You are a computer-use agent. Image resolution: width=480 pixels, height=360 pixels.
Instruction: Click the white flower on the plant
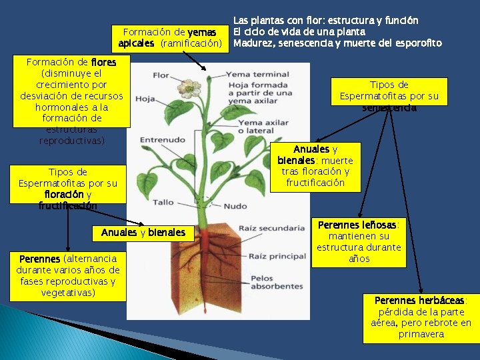pos(189,87)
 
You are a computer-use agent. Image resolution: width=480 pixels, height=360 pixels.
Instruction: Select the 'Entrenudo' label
pos(162,139)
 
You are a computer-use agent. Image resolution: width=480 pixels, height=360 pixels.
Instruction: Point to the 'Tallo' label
pos(163,202)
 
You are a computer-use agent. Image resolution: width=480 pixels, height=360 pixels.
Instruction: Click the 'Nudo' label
pos(235,206)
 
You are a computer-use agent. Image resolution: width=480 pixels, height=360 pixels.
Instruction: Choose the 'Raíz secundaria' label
pos(271,228)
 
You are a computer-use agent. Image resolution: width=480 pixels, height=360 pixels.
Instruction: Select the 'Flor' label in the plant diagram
pos(161,75)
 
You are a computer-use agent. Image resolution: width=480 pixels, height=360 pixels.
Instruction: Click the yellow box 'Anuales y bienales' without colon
pos(143,233)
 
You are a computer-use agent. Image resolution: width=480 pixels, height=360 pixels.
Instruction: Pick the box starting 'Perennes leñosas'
pos(359,241)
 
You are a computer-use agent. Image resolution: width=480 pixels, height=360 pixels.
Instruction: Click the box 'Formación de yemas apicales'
pos(170,38)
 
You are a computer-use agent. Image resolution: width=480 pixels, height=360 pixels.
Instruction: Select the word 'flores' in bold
pos(103,62)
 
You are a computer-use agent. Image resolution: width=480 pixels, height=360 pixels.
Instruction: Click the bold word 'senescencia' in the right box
pos(389,107)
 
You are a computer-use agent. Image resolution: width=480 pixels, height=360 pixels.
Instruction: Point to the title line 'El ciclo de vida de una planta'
pos(299,31)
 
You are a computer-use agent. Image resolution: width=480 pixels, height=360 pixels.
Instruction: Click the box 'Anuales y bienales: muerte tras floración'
pos(315,166)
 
